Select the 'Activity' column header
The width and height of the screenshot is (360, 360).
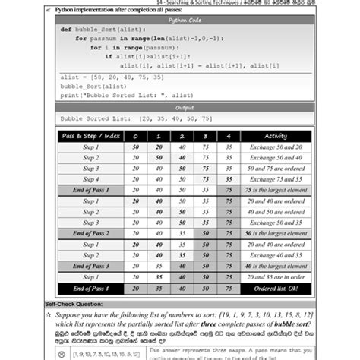click(275, 136)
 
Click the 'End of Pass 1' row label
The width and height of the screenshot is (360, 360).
click(91, 190)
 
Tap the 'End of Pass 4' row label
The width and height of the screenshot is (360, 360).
click(91, 289)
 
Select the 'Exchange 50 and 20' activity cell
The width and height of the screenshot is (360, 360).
click(275, 147)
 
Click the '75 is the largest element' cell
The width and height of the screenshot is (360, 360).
click(275, 190)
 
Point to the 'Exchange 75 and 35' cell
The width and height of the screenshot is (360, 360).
click(275, 179)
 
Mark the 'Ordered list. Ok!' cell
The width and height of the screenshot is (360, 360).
click(275, 289)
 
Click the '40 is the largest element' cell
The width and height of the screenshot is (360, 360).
click(275, 267)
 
